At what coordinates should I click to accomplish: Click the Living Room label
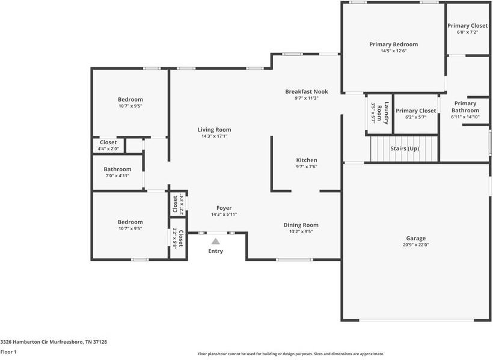(214, 130)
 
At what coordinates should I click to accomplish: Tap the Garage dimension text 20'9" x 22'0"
(416, 245)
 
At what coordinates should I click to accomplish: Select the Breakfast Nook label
(307, 91)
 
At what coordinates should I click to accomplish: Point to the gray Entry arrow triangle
(215, 240)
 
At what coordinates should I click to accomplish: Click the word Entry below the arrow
(215, 251)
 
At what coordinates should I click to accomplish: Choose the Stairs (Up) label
(405, 148)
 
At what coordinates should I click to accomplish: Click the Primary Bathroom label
(465, 106)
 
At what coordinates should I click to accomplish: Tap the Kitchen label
(307, 160)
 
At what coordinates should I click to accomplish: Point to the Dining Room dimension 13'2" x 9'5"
(301, 231)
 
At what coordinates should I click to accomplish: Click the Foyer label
(224, 208)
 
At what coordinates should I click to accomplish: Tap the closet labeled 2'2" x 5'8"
(178, 238)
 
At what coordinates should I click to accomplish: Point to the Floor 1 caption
(8, 352)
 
